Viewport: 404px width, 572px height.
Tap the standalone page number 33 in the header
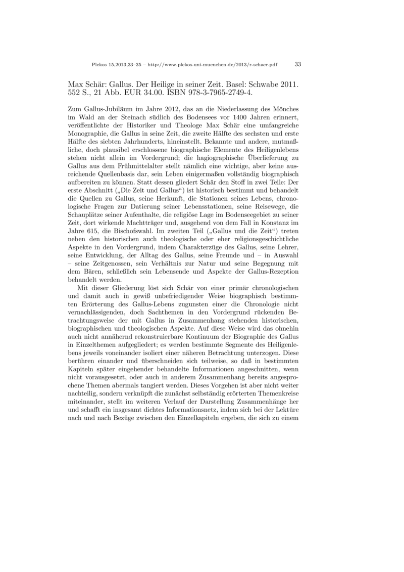point(297,64)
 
